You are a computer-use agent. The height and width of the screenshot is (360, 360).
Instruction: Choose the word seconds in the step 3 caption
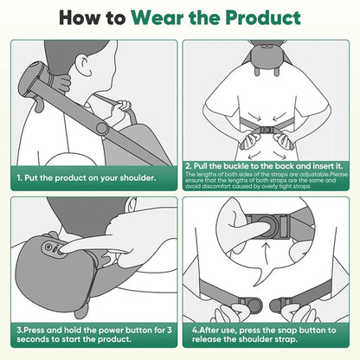click(x=33, y=340)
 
